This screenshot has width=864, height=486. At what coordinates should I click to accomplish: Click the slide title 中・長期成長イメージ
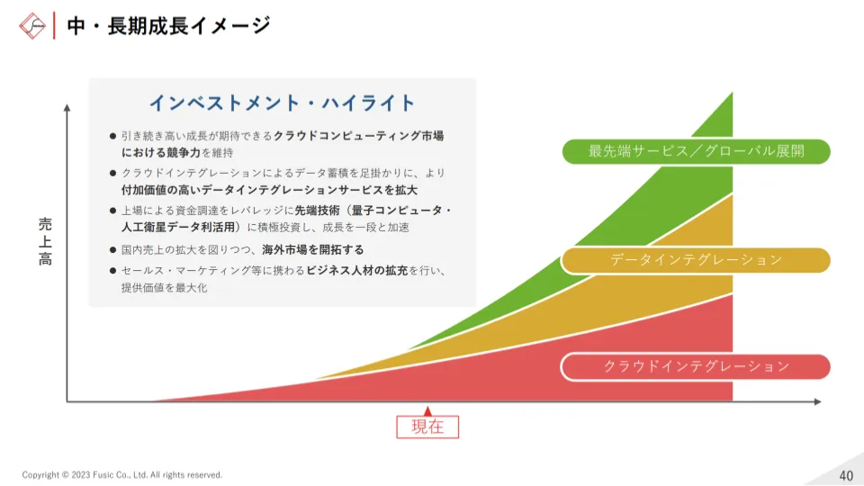coord(168,26)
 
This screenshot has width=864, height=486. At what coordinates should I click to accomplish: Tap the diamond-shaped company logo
coord(32,26)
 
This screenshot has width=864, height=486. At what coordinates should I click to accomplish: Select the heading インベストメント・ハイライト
coord(282,103)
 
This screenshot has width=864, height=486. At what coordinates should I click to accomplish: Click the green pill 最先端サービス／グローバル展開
coord(696,151)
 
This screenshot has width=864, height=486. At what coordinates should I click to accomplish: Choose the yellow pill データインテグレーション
coord(696,260)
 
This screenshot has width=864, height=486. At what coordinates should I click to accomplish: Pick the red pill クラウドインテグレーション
coord(696,367)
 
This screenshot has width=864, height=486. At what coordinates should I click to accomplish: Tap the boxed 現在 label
coord(427,427)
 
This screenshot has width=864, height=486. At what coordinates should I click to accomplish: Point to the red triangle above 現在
coord(427,411)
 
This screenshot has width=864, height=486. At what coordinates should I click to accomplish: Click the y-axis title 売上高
coord(45,241)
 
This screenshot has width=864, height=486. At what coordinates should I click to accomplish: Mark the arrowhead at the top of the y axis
coord(67,107)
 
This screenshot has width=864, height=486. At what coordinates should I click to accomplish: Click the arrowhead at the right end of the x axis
coord(818,401)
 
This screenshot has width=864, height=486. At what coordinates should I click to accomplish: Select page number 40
coord(846,475)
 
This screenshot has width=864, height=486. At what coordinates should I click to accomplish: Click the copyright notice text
coord(122,475)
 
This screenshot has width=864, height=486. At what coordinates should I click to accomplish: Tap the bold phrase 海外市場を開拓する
coord(313,249)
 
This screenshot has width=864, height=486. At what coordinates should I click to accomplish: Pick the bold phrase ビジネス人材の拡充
coord(357,271)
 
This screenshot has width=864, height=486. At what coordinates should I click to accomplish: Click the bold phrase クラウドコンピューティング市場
coord(359,136)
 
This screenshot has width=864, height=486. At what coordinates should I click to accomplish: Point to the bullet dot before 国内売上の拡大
coord(113,250)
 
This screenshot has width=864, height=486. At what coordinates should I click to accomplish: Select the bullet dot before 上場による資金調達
coord(113,211)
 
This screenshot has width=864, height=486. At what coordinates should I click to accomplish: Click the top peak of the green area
coord(733,93)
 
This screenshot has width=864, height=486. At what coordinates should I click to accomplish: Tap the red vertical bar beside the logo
coord(54,26)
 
